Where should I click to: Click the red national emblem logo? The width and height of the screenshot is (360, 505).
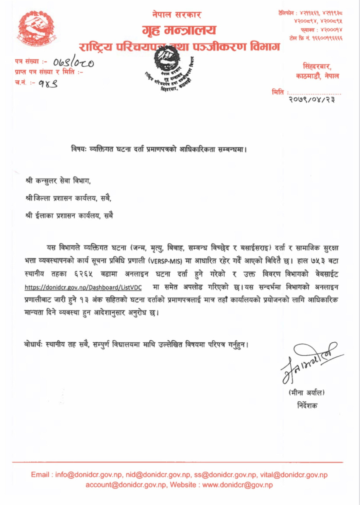(x=36, y=28)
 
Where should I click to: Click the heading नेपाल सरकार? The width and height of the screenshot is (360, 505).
(x=177, y=15)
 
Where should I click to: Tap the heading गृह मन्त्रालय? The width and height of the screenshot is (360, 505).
(x=179, y=30)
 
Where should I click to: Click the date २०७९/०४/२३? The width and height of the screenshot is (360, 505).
(x=311, y=100)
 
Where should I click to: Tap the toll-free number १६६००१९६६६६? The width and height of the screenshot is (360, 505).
(x=327, y=38)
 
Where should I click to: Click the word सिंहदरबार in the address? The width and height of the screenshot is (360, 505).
(x=317, y=67)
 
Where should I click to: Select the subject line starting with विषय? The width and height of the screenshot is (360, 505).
(x=159, y=149)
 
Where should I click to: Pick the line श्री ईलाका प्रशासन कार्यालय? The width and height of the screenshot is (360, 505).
(x=69, y=216)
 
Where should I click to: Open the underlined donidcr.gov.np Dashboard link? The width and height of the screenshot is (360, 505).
(x=83, y=288)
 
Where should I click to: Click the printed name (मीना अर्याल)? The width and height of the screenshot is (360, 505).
(x=306, y=392)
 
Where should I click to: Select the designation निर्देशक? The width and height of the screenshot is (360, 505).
(x=307, y=405)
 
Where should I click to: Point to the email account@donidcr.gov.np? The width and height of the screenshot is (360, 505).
(x=126, y=485)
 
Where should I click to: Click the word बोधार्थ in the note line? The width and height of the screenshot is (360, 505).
(x=33, y=345)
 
